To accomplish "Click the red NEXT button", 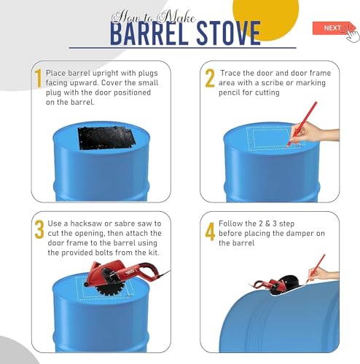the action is [x=332, y=28].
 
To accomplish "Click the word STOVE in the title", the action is [x=229, y=33].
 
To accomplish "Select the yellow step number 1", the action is [x=38, y=78].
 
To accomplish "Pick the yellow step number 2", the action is [x=210, y=78].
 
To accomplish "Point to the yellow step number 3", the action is [x=39, y=229].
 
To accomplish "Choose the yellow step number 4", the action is [x=210, y=232].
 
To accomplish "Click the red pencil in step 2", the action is [x=302, y=124].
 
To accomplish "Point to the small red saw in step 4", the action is [x=270, y=285].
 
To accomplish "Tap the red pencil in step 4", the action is [x=316, y=269].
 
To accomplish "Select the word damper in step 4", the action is [x=300, y=234].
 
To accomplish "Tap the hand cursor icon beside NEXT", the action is [x=351, y=33].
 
